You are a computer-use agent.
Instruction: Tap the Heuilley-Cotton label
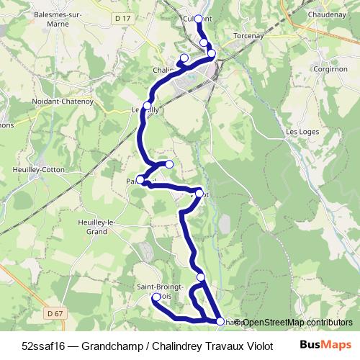(x=40, y=169)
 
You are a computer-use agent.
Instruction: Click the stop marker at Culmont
(x=198, y=19)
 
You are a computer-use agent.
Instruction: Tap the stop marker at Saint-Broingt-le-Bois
(x=156, y=297)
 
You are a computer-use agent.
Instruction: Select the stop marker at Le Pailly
(x=147, y=107)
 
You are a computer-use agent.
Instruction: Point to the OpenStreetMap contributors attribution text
(x=297, y=323)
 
